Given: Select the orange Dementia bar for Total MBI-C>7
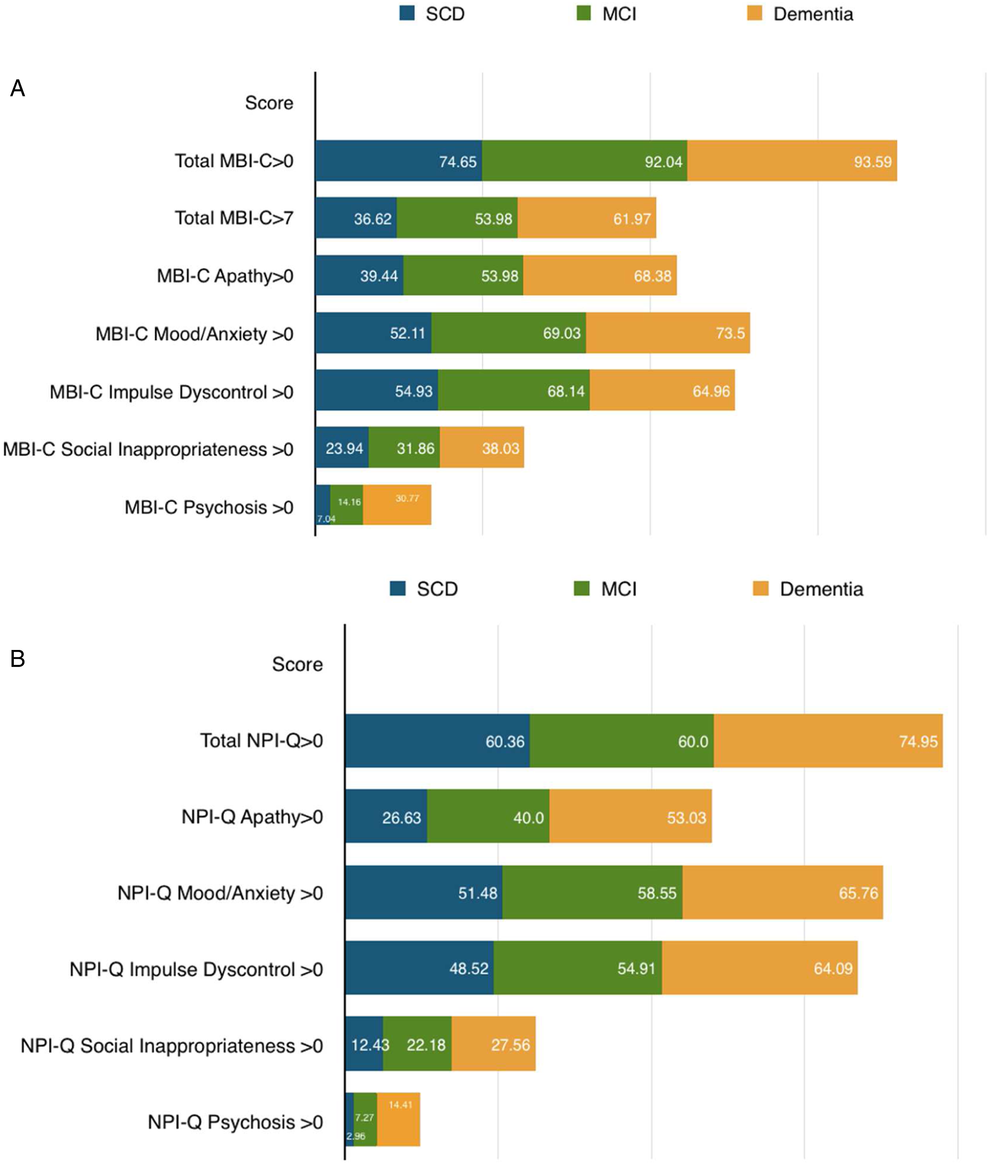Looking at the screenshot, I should tap(587, 218).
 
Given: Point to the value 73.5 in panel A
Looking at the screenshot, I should tap(730, 333).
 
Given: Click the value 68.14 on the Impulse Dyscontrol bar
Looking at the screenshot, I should tap(566, 391).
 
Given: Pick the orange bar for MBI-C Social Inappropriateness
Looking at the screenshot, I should tap(482, 448).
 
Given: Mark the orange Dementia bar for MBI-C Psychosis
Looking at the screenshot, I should tap(397, 505).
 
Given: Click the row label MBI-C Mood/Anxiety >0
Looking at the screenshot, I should tap(194, 334).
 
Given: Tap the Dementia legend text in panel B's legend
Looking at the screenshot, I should tap(821, 589).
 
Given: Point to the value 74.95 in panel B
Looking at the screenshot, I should tap(918, 741).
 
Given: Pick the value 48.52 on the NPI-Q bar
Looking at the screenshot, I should tap(469, 969).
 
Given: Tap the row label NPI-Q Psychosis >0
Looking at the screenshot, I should tap(235, 1123).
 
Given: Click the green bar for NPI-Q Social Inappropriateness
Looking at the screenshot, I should tap(417, 1045).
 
